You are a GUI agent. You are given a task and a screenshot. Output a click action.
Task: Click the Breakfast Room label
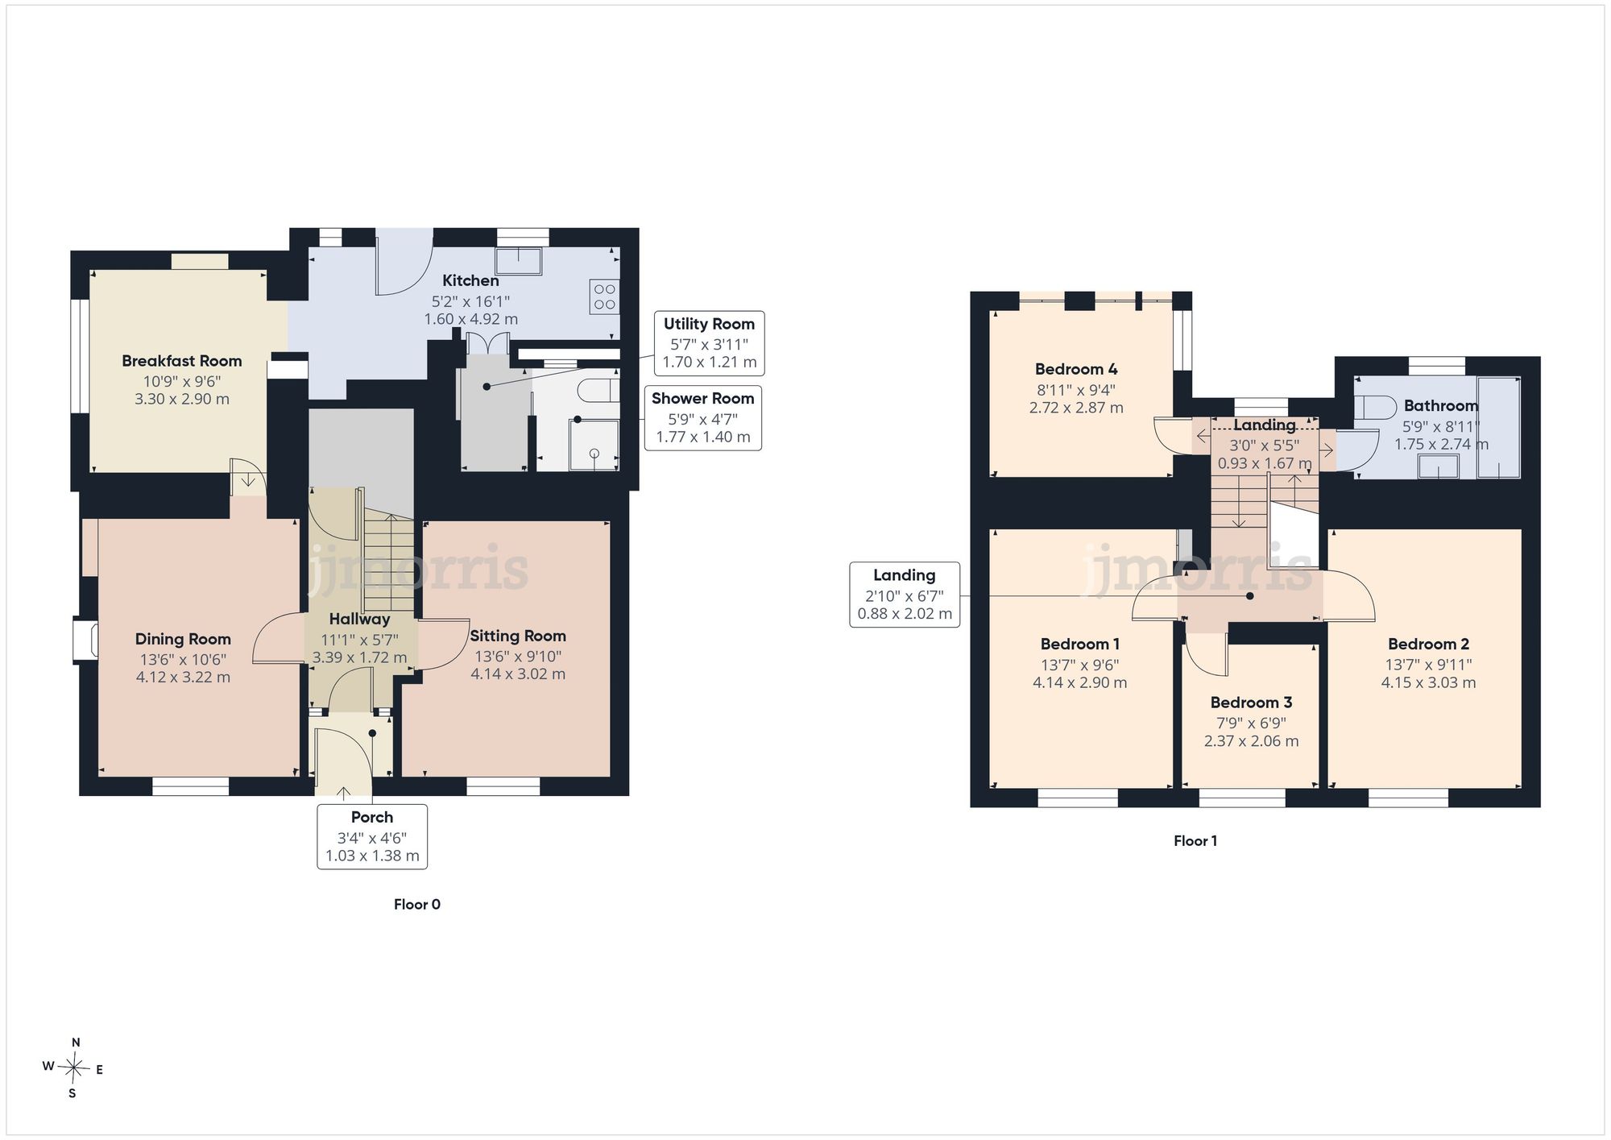[x=182, y=361]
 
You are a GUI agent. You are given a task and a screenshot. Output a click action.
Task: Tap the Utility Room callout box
[x=709, y=343]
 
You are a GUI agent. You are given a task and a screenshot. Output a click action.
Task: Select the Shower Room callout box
[x=703, y=418]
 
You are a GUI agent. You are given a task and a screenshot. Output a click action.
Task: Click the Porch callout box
[x=372, y=836]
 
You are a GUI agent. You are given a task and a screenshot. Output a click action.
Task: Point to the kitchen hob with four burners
[x=604, y=296]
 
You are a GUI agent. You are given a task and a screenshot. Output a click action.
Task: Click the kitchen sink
[x=518, y=261]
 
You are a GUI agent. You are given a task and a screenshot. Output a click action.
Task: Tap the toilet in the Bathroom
[x=1374, y=407]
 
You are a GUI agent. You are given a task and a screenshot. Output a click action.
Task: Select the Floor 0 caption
[x=417, y=905]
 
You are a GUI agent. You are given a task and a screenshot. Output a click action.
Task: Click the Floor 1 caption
[x=1195, y=841]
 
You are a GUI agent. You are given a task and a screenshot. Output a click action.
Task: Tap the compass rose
[x=73, y=1068]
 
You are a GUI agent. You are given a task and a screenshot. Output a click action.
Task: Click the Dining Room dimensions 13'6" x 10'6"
[x=183, y=660]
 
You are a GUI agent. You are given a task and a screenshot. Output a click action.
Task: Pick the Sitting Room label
[x=518, y=636]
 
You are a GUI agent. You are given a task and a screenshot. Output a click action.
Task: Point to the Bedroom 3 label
[x=1251, y=703]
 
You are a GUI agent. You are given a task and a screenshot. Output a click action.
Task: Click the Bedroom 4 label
[x=1076, y=369]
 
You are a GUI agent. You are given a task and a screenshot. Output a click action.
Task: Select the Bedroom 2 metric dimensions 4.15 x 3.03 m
[x=1429, y=682]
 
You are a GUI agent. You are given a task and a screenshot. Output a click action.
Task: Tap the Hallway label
[x=359, y=620]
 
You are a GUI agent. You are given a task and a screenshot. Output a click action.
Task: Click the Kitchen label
[x=470, y=280]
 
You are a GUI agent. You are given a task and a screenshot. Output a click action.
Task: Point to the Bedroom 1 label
[x=1080, y=644]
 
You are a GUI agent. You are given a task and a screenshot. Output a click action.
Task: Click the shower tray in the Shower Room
[x=594, y=445]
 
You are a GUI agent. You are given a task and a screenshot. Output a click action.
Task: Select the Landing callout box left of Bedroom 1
[x=905, y=595]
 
